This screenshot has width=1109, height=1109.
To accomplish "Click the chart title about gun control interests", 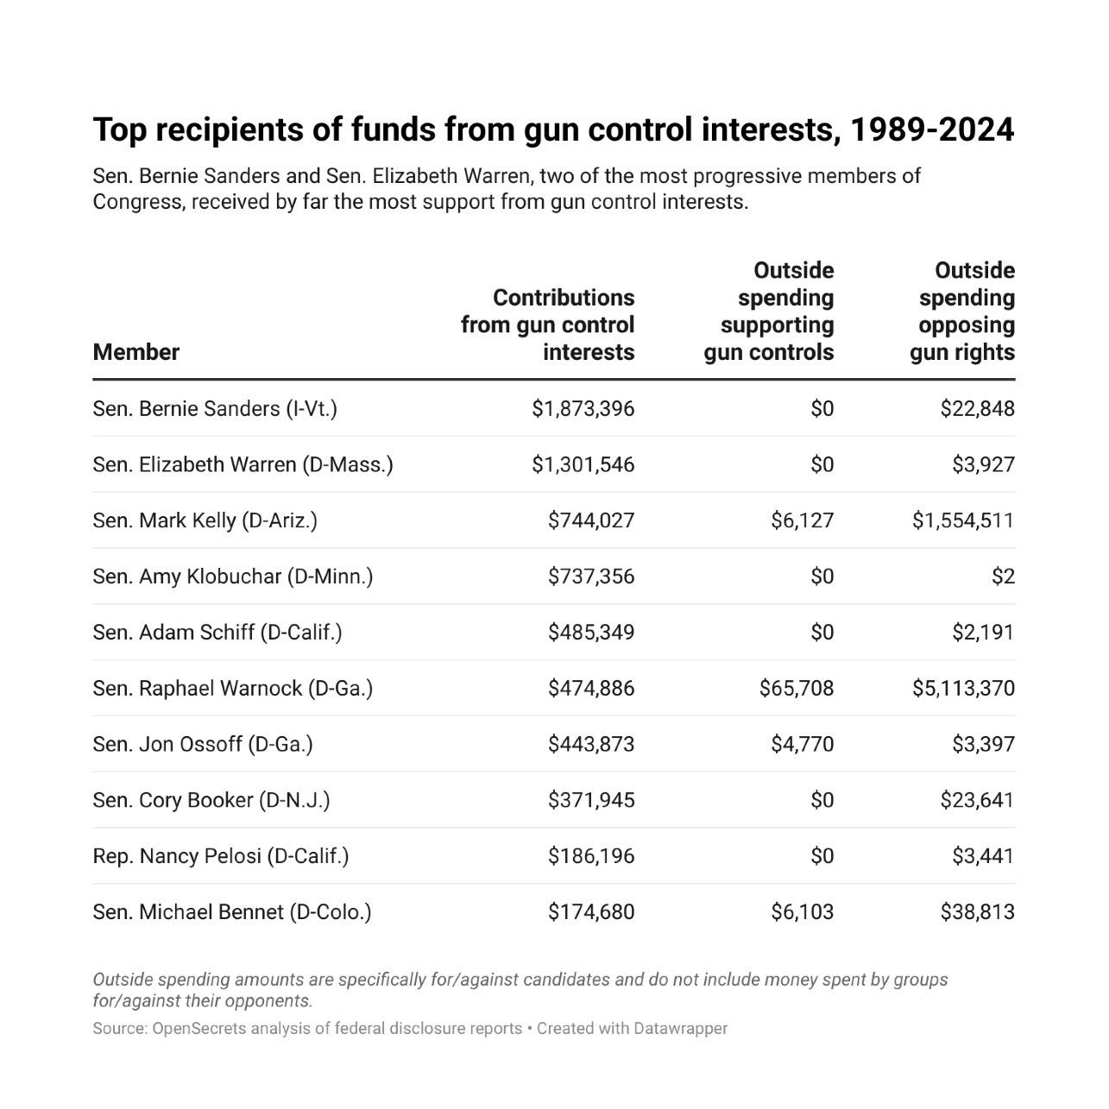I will (553, 129).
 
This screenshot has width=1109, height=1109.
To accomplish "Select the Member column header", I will (136, 352).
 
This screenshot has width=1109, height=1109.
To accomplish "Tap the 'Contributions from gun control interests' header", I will (548, 325).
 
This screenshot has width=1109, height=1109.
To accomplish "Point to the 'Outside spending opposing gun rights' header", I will (963, 312).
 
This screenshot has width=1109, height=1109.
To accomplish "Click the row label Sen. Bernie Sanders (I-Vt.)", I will (215, 408).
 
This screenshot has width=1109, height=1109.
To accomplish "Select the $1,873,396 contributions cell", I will (583, 408).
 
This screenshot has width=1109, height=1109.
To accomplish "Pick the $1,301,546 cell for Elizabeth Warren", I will (583, 464).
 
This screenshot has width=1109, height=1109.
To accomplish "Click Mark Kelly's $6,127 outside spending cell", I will (803, 520).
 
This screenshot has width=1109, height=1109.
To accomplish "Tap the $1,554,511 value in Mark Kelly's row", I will (963, 520).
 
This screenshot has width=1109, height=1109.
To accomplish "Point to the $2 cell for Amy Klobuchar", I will (1003, 577).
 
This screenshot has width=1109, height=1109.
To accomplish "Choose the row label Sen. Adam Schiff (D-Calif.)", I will (217, 633).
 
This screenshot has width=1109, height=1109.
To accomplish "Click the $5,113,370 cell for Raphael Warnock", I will (963, 688).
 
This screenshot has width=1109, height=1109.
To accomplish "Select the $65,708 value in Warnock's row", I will (797, 688).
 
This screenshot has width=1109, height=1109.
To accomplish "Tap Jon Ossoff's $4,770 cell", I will (803, 744).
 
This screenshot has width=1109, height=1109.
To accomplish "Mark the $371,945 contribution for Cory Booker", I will (591, 800).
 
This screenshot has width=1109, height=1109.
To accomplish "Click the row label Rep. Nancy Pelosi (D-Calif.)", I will (221, 856).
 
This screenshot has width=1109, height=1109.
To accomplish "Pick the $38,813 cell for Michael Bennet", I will (978, 912).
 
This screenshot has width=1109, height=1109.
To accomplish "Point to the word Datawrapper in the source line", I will (681, 1029).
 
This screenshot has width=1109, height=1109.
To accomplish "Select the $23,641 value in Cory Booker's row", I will (978, 800).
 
